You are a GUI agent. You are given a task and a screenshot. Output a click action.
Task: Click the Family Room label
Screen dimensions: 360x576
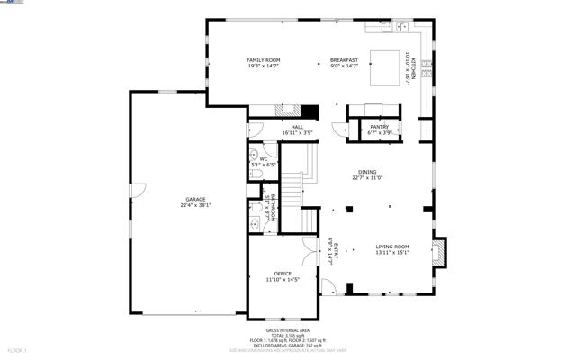click(x=264, y=60)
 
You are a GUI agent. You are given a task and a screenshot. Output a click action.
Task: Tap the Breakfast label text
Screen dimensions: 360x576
click(x=344, y=60)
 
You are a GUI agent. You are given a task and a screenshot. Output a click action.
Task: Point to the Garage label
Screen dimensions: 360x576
click(x=195, y=199)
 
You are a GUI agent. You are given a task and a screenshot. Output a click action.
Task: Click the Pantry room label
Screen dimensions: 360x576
click(x=379, y=127)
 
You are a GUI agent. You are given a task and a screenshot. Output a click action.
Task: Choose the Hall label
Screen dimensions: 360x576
click(x=296, y=127)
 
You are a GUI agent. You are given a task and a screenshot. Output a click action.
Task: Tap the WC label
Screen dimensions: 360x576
click(x=264, y=159)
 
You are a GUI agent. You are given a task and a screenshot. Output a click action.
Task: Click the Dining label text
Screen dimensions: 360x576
click(x=367, y=172)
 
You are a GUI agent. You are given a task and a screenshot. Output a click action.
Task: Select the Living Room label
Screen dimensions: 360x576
click(x=392, y=247)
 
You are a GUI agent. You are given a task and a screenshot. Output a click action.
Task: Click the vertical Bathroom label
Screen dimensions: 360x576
click(x=268, y=208)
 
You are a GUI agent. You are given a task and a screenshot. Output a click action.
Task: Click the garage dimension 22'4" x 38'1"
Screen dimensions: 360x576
click(x=195, y=205)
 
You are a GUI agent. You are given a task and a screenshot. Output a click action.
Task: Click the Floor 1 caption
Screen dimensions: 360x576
click(x=17, y=349)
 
